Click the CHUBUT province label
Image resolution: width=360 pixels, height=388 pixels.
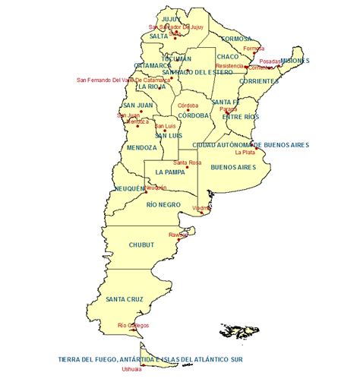pyautogui.click(x=142, y=244)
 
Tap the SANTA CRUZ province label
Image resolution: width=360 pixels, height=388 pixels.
pyautogui.click(x=125, y=299)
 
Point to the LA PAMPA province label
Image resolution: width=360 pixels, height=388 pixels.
pyautogui.click(x=169, y=172)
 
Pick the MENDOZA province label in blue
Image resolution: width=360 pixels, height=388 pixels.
pyautogui.click(x=142, y=147)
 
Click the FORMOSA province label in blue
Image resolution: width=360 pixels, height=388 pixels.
pyautogui.click(x=235, y=38)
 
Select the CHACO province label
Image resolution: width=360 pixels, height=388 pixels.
pyautogui.click(x=227, y=56)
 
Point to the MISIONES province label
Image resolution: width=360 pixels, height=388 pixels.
pyautogui.click(x=295, y=61)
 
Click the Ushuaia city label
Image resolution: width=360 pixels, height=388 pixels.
pyautogui.click(x=131, y=370)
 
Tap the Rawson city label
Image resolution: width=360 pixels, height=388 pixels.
pyautogui.click(x=178, y=235)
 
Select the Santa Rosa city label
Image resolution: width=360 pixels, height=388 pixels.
pyautogui.click(x=187, y=162)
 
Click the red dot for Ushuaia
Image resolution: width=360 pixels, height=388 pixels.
pyautogui.click(x=143, y=364)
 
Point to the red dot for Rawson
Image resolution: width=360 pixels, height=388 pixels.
pyautogui.click(x=178, y=239)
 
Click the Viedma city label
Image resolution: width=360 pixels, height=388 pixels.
pyautogui.click(x=202, y=208)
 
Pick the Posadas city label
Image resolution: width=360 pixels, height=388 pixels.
pyautogui.click(x=270, y=62)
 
